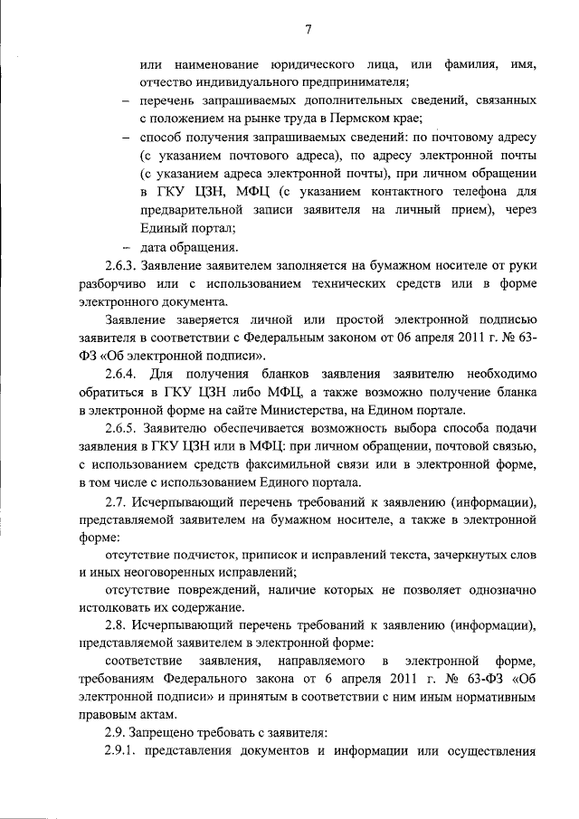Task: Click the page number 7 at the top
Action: click(x=307, y=30)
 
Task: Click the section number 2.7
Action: click(x=115, y=502)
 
